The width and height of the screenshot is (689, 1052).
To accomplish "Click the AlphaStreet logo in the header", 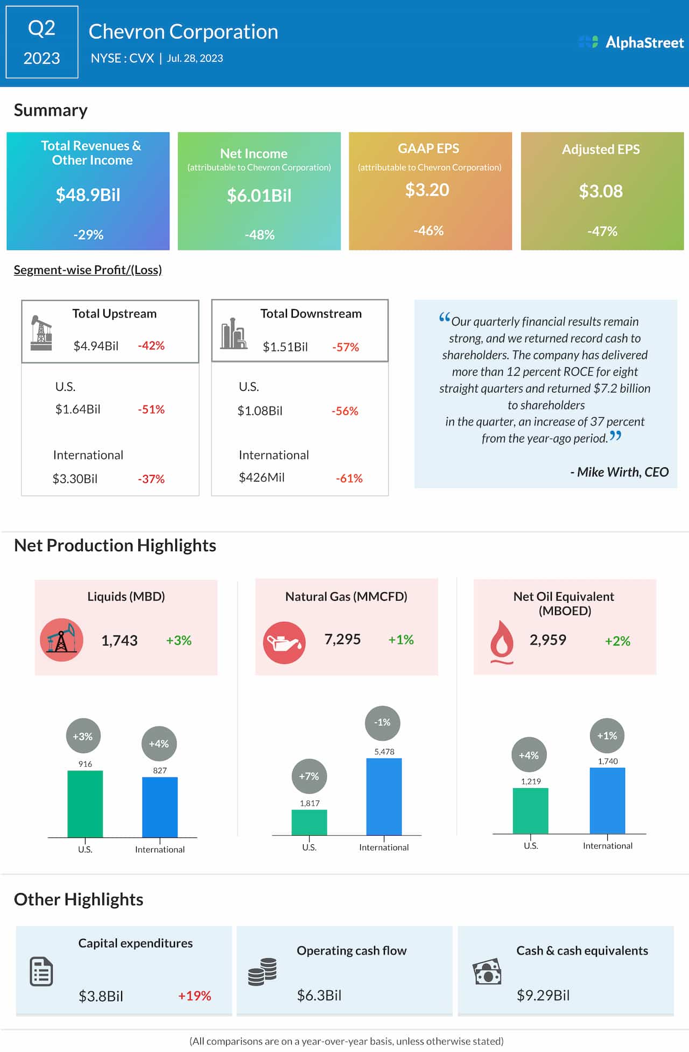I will (x=631, y=42).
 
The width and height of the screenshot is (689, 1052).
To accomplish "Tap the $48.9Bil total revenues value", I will (x=88, y=195).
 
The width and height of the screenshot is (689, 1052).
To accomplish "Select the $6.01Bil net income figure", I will (x=259, y=195).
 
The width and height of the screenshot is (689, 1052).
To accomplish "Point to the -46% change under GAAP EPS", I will (x=428, y=231).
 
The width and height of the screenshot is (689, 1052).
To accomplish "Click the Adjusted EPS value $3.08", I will (x=601, y=191).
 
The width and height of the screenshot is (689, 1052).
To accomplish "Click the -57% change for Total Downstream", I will (x=346, y=347).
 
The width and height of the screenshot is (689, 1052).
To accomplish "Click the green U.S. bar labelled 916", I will (x=85, y=804).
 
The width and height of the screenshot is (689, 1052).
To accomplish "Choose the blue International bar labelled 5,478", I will (x=384, y=797).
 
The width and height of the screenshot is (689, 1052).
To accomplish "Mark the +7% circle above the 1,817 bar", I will (x=309, y=776).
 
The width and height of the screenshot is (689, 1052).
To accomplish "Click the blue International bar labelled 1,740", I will (x=607, y=801).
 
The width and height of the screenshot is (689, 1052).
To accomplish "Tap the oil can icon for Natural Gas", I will (x=284, y=642).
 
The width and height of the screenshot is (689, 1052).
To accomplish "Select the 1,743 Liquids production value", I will (x=119, y=641).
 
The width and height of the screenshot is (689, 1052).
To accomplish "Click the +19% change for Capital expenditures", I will (x=194, y=996).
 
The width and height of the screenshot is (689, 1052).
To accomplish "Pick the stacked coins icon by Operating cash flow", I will (x=263, y=972).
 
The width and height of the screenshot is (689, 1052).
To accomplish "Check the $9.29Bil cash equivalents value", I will (x=543, y=995).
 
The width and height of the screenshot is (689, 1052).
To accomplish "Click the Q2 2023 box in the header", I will (x=42, y=42).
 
